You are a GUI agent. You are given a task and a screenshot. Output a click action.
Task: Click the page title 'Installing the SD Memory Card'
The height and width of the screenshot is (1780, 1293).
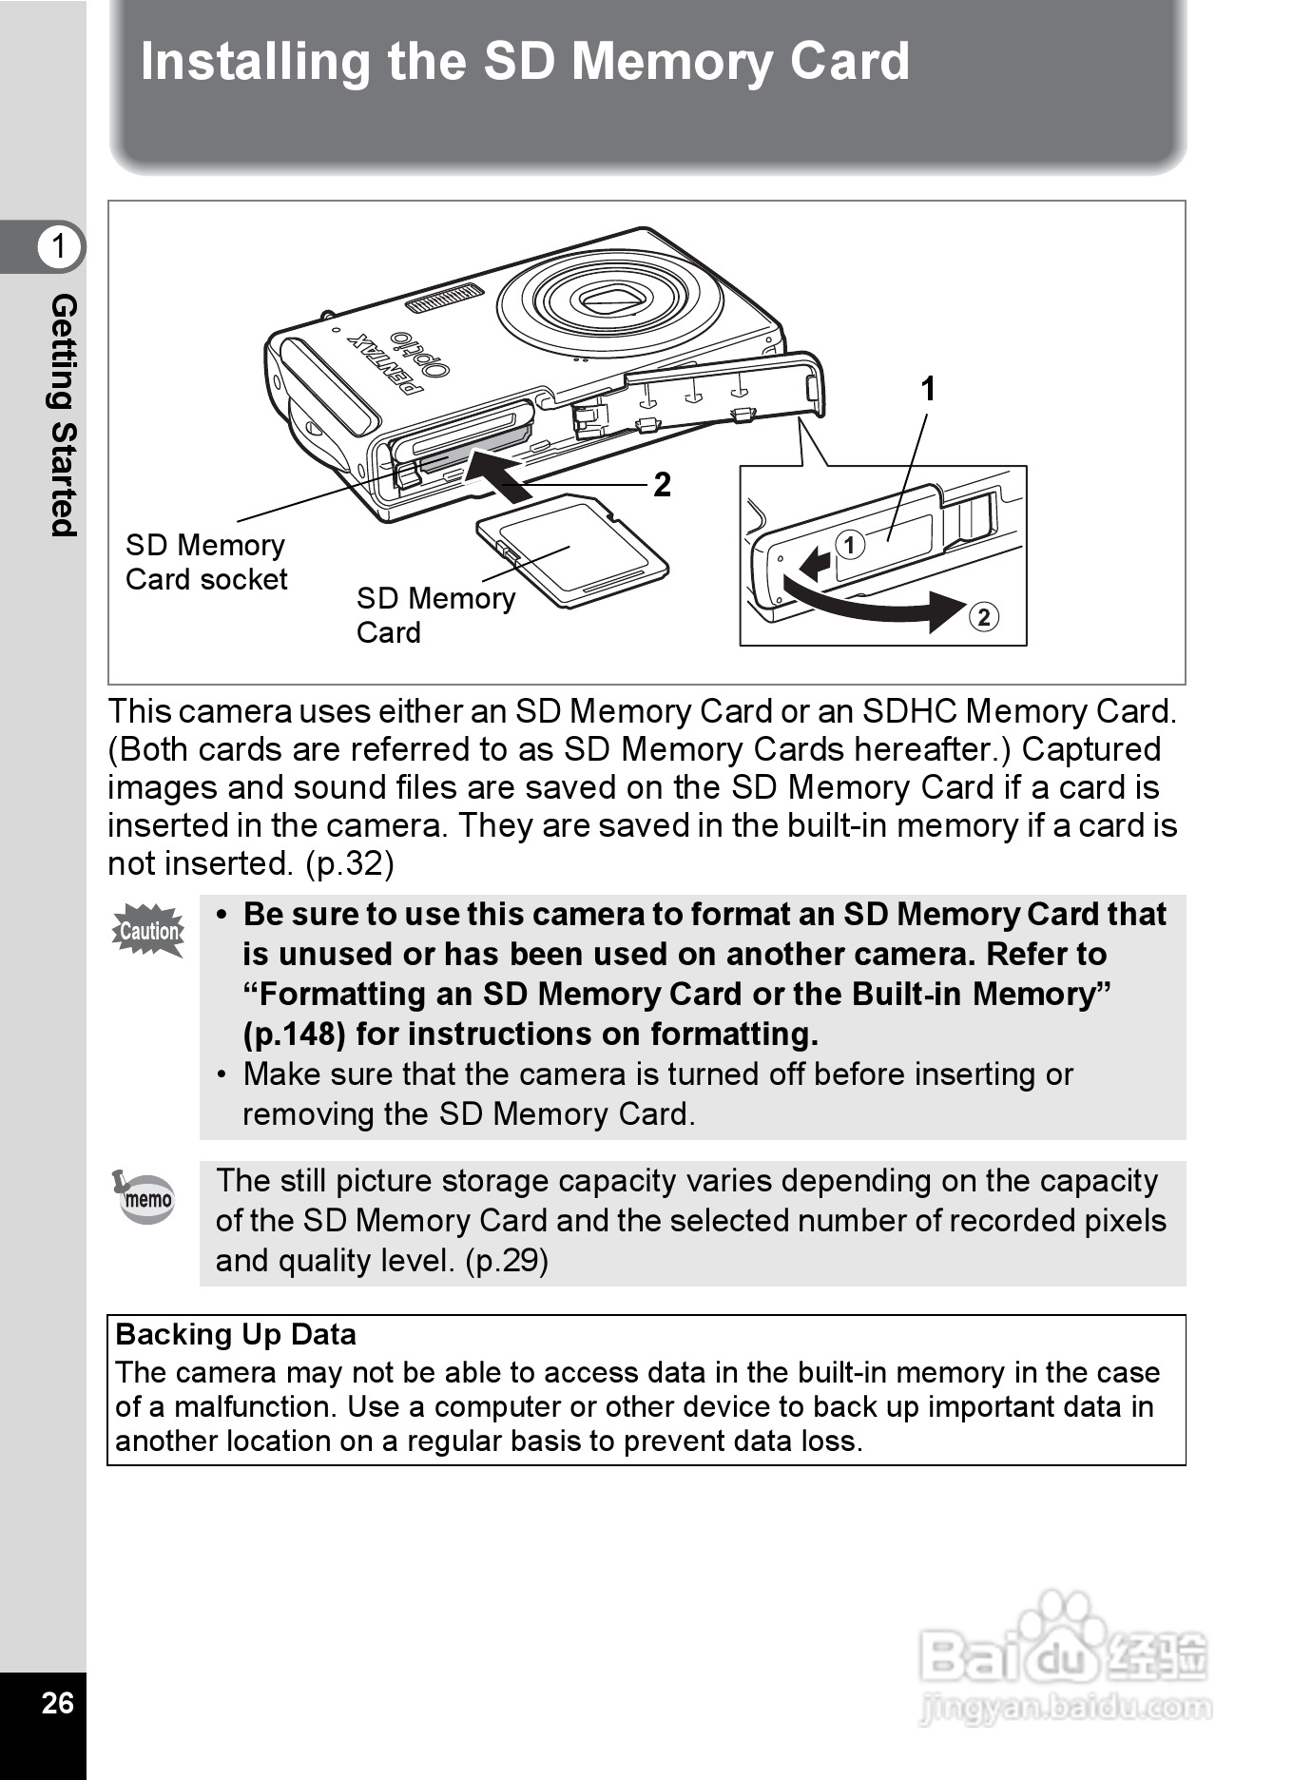click(x=525, y=62)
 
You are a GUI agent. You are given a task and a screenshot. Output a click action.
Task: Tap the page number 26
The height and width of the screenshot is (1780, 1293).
click(x=57, y=1702)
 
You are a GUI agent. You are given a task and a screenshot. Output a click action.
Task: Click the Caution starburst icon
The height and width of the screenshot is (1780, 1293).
click(x=148, y=931)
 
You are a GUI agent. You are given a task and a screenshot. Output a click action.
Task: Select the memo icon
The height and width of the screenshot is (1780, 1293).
click(x=146, y=1198)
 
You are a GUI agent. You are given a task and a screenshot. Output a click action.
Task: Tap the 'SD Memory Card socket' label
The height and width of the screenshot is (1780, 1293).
click(x=206, y=562)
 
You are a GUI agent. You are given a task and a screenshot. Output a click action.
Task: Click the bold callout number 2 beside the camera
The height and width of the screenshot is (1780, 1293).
click(x=662, y=485)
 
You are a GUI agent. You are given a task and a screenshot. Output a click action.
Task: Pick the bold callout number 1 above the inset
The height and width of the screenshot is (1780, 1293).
click(x=928, y=389)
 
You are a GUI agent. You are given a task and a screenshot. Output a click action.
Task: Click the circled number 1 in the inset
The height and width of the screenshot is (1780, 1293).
click(x=850, y=545)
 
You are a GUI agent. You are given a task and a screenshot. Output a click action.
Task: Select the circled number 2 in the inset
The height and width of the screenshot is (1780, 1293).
click(x=984, y=617)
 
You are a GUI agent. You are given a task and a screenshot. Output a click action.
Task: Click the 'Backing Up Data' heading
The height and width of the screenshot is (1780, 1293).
click(x=236, y=1335)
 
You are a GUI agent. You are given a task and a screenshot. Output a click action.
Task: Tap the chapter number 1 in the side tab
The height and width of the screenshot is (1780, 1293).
click(x=59, y=246)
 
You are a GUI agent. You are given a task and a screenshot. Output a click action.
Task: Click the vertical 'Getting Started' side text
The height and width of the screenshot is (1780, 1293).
click(x=63, y=416)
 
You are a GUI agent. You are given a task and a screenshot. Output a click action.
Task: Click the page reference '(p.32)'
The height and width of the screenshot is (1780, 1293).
click(x=349, y=863)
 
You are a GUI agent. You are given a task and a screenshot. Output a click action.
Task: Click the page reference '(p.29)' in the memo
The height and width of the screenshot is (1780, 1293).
click(x=506, y=1261)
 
